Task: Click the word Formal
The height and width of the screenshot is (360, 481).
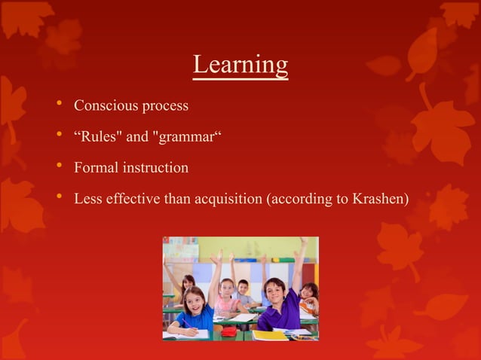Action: click(x=93, y=167)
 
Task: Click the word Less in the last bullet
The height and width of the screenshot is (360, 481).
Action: click(x=86, y=199)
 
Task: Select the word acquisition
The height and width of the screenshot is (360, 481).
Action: click(x=225, y=199)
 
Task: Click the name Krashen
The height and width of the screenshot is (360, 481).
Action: click(x=378, y=199)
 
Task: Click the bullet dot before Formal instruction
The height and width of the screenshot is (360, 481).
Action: click(x=58, y=167)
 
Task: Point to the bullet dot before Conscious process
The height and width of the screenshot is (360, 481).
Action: click(x=58, y=105)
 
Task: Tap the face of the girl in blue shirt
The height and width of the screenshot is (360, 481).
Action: click(x=193, y=301)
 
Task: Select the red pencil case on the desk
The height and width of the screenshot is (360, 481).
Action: click(x=228, y=331)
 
